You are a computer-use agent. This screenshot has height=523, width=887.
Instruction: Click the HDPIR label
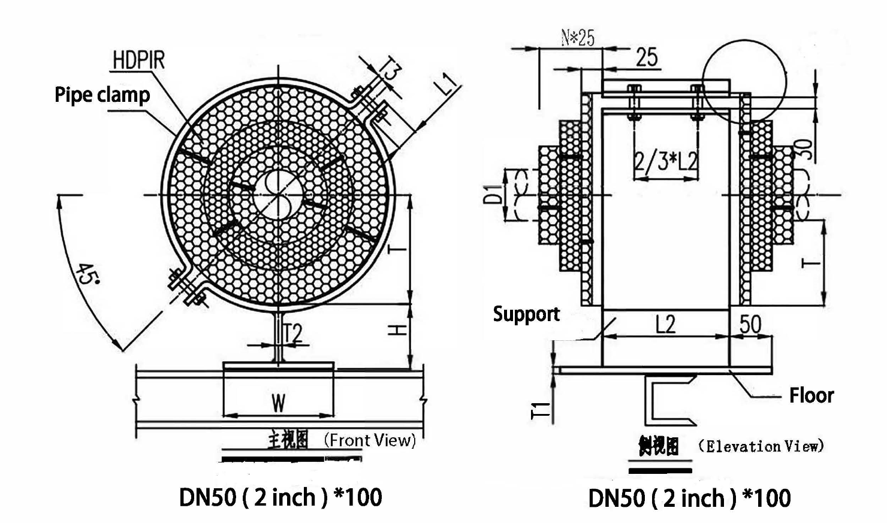tap(138, 61)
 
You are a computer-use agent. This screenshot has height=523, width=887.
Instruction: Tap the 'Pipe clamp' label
tap(102, 95)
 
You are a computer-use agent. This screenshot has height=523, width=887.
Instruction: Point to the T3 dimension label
tap(391, 71)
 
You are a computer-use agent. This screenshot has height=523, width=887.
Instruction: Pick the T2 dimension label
tap(292, 334)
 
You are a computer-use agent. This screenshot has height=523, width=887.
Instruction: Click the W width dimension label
tap(278, 403)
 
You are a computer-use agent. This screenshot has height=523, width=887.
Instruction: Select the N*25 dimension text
tap(578, 38)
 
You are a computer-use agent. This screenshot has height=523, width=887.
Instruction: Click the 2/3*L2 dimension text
tap(666, 161)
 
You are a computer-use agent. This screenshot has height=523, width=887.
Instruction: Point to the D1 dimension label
tap(492, 195)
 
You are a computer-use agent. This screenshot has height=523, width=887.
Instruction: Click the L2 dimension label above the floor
tap(665, 324)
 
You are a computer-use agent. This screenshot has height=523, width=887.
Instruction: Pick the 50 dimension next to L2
tap(750, 324)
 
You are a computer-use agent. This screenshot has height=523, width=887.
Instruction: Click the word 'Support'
tap(526, 314)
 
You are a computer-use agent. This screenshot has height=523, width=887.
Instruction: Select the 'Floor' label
tap(811, 395)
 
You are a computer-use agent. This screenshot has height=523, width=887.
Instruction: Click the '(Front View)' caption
tap(369, 440)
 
